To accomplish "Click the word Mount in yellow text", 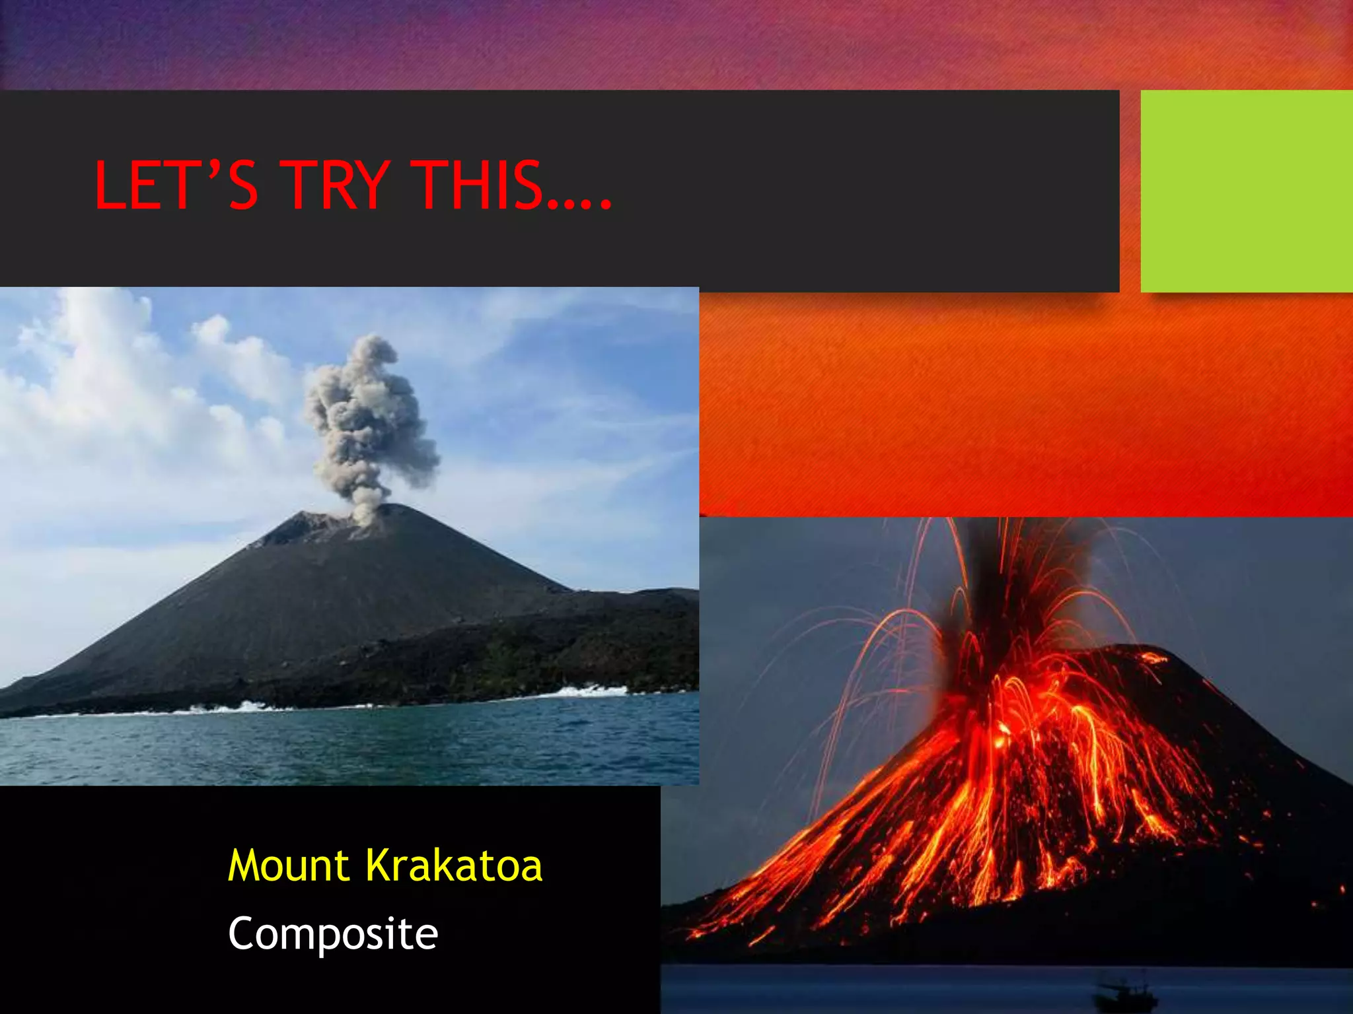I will click(x=289, y=865).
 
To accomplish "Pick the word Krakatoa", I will click(x=455, y=865).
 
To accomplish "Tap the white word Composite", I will click(x=333, y=934).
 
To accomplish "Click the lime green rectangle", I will click(x=1246, y=191).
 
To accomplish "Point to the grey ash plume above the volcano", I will click(x=370, y=422).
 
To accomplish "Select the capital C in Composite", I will click(x=244, y=934).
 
